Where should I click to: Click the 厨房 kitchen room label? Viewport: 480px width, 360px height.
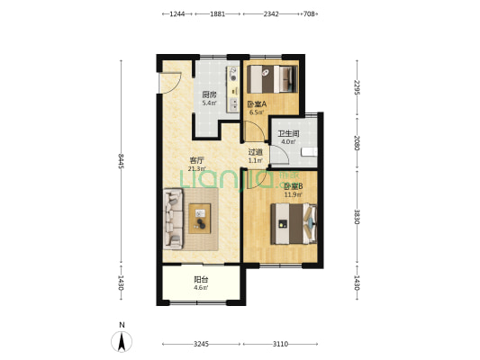pos(209,94)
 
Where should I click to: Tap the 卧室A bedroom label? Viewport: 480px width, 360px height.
pos(257,104)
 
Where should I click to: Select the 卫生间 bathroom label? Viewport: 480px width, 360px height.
pos(288,134)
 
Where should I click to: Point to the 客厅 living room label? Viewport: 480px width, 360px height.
pos(197,160)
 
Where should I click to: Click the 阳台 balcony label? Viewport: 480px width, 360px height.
pos(201,280)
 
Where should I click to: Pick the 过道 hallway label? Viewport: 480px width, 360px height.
pos(255,152)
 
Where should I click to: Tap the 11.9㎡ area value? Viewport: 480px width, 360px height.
pos(294,194)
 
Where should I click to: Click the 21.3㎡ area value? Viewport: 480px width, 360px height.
pos(197,168)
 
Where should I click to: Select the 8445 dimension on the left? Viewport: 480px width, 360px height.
pos(122,161)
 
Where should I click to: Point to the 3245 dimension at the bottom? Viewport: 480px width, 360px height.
pos(201,344)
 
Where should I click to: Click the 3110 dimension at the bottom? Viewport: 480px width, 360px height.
pos(280,344)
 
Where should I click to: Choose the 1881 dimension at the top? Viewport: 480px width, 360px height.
pos(217,13)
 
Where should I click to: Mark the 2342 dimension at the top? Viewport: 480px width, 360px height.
pos(271,13)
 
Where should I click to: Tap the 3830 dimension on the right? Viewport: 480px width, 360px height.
pos(357,217)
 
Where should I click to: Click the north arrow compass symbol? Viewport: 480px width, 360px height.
pos(122,341)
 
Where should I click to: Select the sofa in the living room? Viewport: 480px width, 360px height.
pos(173,219)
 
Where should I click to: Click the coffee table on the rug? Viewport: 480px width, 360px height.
pos(200,219)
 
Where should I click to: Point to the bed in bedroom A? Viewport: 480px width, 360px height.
pos(272,79)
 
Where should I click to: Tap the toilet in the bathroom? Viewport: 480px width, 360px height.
pos(309,152)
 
